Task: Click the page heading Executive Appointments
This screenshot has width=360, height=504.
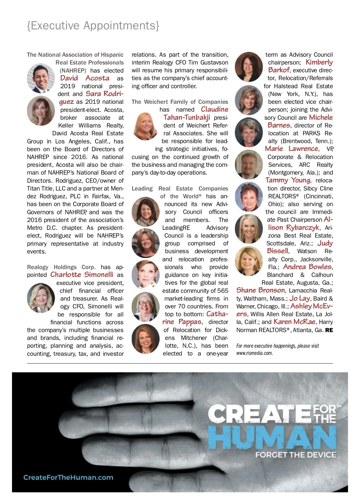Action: click(93, 26)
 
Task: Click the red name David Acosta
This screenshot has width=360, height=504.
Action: click(85, 78)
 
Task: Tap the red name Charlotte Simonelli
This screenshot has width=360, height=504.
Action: click(82, 275)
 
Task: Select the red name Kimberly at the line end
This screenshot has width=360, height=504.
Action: click(319, 62)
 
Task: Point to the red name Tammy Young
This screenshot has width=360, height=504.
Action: click(288, 180)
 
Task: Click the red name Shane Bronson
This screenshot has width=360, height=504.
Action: click(260, 290)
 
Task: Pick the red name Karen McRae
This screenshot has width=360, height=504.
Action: click(294, 322)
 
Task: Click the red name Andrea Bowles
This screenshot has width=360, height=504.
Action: click(307, 267)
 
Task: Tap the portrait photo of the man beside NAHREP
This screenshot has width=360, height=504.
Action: click(41, 78)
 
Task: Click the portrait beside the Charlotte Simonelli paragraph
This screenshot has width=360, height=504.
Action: click(41, 298)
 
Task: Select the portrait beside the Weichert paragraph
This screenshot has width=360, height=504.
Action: click(145, 126)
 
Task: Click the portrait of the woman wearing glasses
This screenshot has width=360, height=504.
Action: click(145, 306)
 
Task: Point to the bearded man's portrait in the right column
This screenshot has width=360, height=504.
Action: click(249, 164)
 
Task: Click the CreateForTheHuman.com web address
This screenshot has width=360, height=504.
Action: click(68, 477)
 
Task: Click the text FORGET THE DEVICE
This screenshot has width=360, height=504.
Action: click(295, 455)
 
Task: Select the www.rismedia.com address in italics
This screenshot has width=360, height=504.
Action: click(254, 353)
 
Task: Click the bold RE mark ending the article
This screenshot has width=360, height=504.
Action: click(329, 330)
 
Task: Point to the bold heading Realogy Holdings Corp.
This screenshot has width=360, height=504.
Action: click(61, 267)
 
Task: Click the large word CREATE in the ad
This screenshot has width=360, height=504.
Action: click(259, 414)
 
